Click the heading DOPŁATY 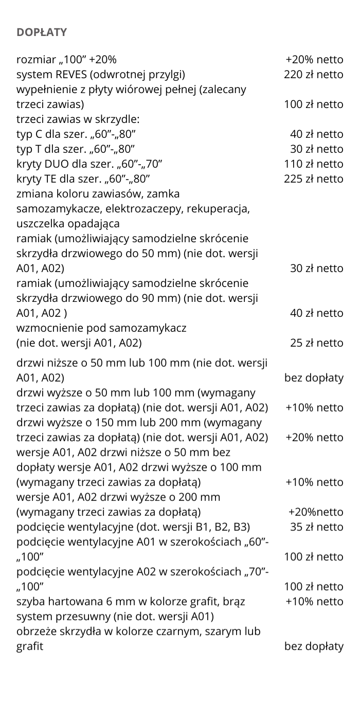pos(42,32)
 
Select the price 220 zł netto pos(314,75)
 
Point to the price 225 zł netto pos(314,179)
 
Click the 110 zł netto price pos(314,164)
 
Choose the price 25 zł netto pos(317,343)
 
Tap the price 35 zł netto pos(317,527)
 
